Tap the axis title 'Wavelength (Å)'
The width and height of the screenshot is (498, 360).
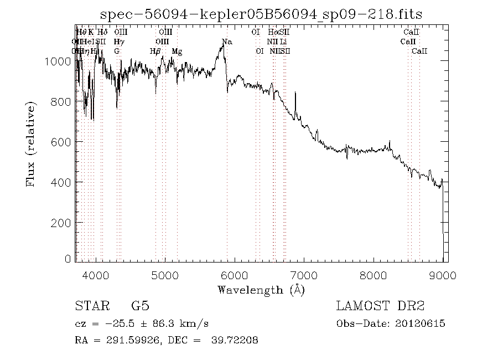point(261,290)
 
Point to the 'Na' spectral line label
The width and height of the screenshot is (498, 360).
point(227,42)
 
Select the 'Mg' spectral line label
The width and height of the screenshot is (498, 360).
point(177,52)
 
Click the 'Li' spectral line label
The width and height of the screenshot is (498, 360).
point(283,42)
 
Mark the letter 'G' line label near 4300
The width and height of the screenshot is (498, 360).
point(117,52)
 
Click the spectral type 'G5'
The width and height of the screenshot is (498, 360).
point(140,306)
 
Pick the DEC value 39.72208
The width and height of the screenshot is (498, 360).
point(235,340)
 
